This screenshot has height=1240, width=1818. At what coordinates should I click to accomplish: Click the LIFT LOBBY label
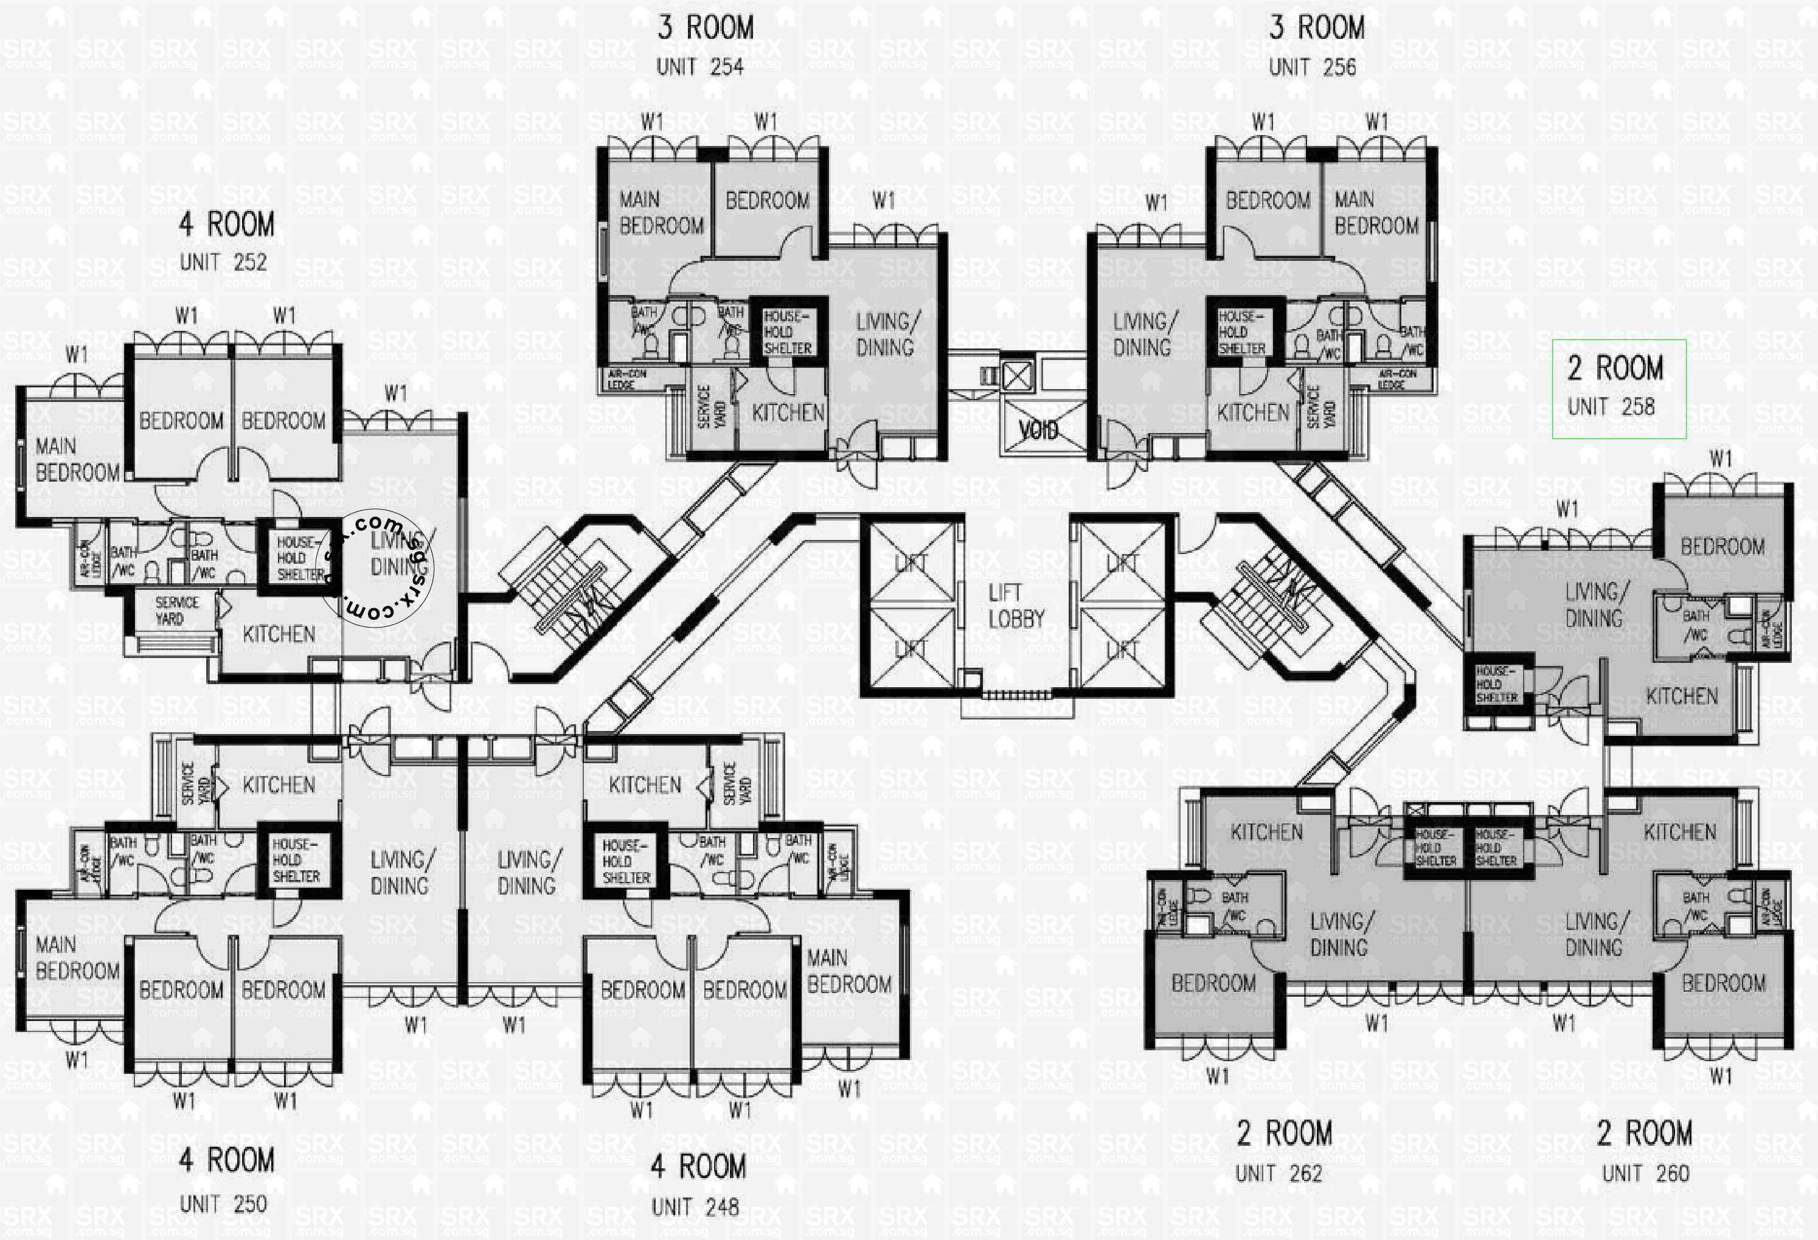click(1015, 606)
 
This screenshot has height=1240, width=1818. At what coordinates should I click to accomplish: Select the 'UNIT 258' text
click(1611, 407)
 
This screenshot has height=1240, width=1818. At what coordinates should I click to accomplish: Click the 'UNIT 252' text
click(223, 262)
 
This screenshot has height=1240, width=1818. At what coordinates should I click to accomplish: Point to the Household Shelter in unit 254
click(788, 331)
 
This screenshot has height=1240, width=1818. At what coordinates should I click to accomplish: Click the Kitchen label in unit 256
click(1252, 412)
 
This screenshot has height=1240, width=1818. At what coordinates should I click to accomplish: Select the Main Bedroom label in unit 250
click(77, 958)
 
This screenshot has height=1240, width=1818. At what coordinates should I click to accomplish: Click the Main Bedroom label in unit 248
click(848, 971)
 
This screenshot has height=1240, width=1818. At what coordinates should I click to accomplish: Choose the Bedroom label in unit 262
click(1213, 983)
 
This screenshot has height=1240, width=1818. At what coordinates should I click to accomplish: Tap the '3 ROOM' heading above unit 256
click(1317, 28)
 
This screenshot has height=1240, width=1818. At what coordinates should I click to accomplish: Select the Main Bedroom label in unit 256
click(1376, 213)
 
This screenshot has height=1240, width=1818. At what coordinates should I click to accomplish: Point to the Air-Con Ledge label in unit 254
click(626, 379)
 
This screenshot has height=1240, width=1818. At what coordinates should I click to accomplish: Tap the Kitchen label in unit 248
click(645, 785)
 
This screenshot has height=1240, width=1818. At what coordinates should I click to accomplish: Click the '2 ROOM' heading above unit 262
click(1284, 1134)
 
